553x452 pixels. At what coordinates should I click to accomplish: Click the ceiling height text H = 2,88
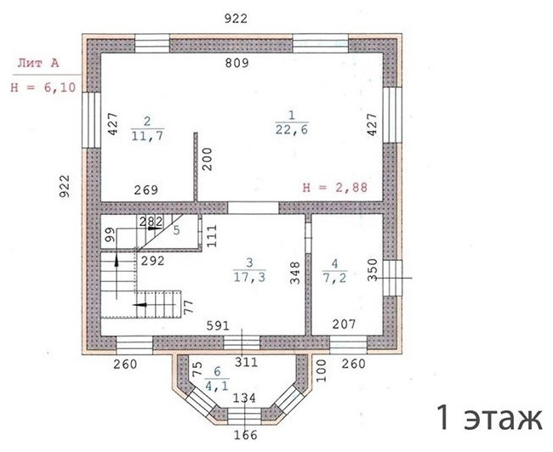[336, 188]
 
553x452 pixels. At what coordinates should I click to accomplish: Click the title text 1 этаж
[488, 418]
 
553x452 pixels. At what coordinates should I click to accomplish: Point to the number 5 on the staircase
[176, 229]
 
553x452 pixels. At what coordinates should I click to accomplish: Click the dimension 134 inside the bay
[245, 398]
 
